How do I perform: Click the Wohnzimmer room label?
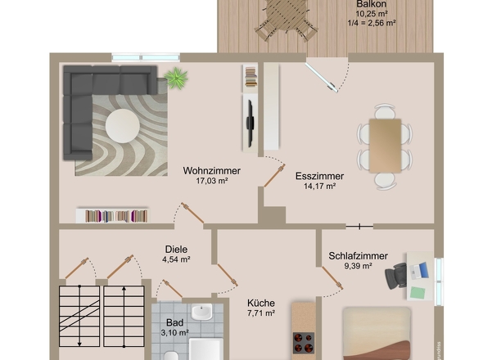click(x=212, y=171)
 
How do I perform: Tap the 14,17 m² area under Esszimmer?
click(x=319, y=186)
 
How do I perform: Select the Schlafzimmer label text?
click(x=358, y=256)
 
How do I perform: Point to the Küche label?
click(x=261, y=303)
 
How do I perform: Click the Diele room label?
click(x=176, y=249)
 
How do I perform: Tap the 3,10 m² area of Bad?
click(x=174, y=333)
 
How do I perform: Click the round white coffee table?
click(x=123, y=126)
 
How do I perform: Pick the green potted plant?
click(x=176, y=77)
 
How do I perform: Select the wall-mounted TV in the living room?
click(x=250, y=124)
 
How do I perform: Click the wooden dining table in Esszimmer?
click(x=385, y=146)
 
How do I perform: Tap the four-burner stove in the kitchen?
click(x=304, y=342)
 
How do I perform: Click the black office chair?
click(x=396, y=276)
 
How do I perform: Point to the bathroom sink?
click(x=201, y=312)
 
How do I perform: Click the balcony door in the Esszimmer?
click(x=321, y=77)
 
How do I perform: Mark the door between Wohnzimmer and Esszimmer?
click(x=274, y=175)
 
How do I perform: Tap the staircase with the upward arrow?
click(x=124, y=317)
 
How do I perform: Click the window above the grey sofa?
click(x=146, y=57)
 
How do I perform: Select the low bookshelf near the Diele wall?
click(x=112, y=215)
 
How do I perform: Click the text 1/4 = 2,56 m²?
click(x=372, y=23)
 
